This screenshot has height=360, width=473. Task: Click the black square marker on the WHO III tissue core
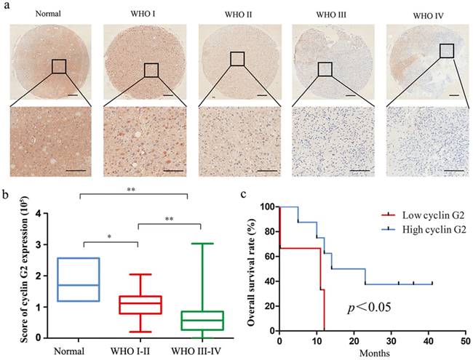325,68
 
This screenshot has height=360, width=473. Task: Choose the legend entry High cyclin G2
424,229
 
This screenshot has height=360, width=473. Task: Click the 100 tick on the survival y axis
270,207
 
